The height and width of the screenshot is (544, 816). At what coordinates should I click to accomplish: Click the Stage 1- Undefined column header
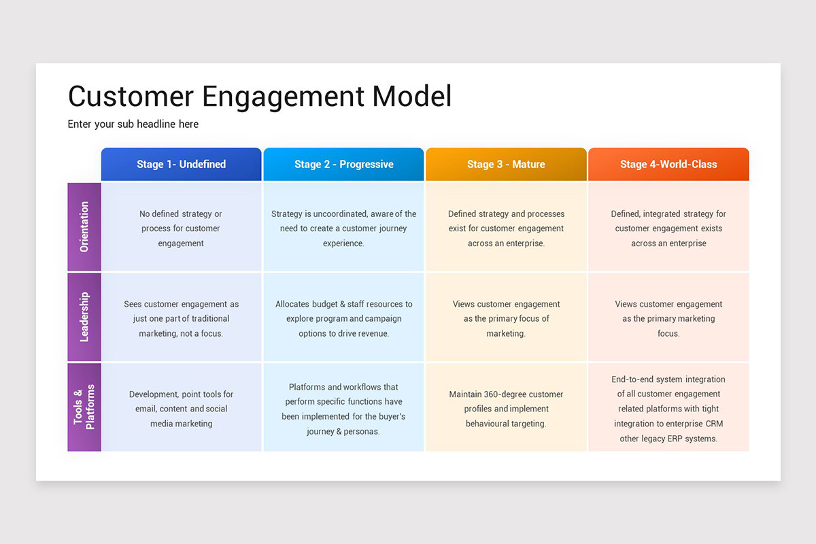181,165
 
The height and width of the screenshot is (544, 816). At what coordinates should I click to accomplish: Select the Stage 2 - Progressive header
343,165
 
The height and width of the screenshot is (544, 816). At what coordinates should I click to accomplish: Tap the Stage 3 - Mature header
506,165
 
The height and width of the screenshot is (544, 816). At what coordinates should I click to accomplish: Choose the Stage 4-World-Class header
668,165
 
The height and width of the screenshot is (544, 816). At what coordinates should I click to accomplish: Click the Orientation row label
84,227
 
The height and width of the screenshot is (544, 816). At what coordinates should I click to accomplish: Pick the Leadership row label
84,317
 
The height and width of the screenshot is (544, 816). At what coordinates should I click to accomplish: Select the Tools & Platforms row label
84,407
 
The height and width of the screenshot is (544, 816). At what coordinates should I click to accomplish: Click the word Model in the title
412,96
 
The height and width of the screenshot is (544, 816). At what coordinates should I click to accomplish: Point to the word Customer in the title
131,96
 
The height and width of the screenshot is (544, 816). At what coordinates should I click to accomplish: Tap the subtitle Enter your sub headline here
133,124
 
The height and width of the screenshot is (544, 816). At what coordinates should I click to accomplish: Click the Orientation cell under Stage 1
181,228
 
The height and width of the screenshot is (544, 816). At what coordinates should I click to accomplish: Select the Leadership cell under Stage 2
343,318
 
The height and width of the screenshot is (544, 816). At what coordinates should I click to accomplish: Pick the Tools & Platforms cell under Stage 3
506,409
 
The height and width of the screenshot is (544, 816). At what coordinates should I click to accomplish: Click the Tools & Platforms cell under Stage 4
668,409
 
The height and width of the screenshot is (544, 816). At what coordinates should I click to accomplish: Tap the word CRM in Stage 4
714,424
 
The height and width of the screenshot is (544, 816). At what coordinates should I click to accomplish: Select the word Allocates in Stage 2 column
292,304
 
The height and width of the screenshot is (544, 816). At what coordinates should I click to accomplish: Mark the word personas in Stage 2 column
362,431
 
